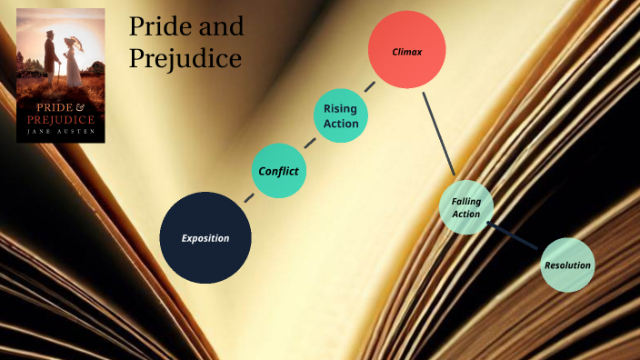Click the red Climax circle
coord(406,50)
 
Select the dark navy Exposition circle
coord(205,237)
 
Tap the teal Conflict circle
coord(278,171)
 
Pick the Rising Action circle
coord(340,115)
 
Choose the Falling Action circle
coord(466,207)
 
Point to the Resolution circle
coord(567,265)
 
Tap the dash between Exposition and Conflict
coord(249,196)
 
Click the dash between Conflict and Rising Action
coord(310,143)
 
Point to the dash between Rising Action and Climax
coord(370,87)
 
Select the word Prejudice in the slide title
coord(185,58)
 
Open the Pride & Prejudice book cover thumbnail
coord(61,75)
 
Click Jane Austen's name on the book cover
coord(61,133)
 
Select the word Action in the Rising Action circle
coord(340,124)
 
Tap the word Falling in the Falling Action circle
coord(466,201)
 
